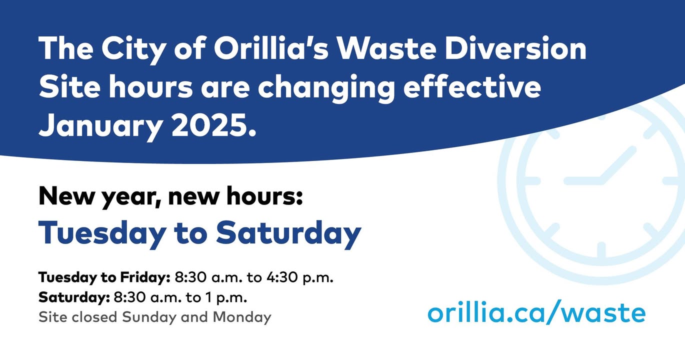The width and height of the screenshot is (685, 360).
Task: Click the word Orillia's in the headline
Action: tap(271, 49)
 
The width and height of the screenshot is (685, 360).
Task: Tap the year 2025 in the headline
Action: tap(213, 125)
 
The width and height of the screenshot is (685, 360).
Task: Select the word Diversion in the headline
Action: tap(515, 49)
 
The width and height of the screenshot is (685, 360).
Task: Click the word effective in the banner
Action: tap(472, 87)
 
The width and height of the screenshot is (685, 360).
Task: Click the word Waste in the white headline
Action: tap(386, 49)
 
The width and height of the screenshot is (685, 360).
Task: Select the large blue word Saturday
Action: tap(288, 233)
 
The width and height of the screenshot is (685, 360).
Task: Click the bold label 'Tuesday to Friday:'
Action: tap(104, 277)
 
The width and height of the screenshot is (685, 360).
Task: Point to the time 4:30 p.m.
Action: tap(299, 278)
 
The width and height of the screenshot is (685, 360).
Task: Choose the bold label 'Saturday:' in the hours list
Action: tap(74, 297)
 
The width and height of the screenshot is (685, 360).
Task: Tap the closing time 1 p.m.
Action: tap(226, 298)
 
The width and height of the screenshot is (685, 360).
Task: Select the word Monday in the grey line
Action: tap(242, 317)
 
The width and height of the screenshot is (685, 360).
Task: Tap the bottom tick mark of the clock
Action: tap(601, 250)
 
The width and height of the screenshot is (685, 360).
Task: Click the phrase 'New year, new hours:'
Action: tap(170, 196)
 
